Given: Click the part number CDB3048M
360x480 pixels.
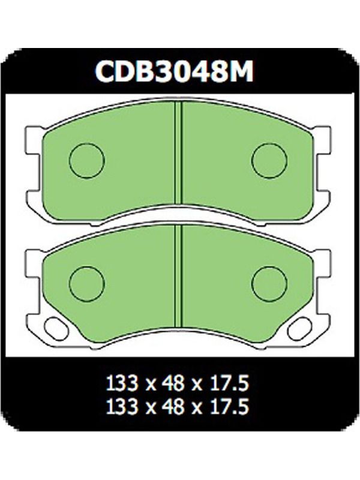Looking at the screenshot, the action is pyautogui.click(x=174, y=71).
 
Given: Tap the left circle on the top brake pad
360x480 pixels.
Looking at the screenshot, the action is pyautogui.click(x=87, y=160).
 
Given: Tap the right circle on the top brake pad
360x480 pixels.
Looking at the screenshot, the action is pyautogui.click(x=269, y=160).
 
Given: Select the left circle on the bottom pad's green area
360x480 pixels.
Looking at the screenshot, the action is pyautogui.click(x=87, y=284).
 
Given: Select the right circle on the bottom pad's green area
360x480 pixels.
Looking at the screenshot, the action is pyautogui.click(x=269, y=284).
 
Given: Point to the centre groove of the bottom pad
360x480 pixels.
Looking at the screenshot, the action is pyautogui.click(x=178, y=277).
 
